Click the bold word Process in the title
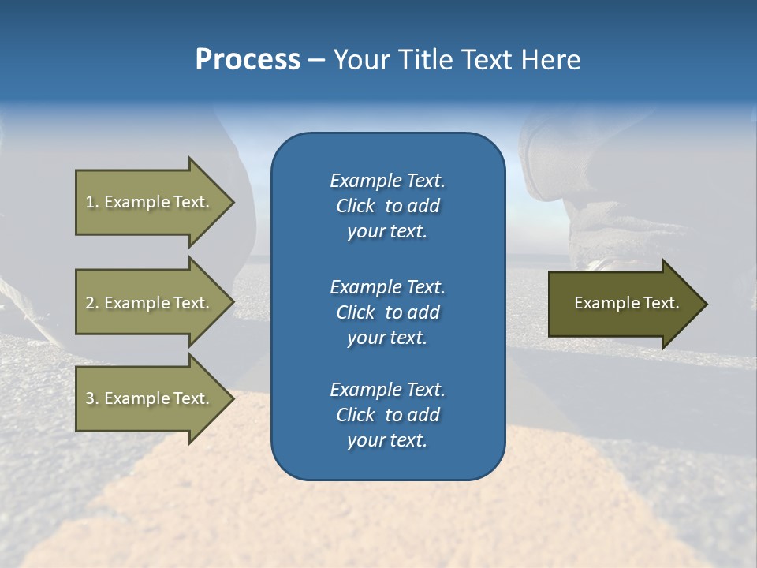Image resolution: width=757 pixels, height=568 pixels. (x=248, y=60)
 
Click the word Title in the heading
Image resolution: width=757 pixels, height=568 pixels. (x=424, y=60)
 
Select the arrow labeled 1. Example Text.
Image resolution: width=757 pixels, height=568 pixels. (x=150, y=202)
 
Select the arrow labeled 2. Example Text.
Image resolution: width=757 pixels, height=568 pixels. (x=150, y=303)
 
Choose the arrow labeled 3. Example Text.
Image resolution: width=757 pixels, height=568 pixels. (x=150, y=398)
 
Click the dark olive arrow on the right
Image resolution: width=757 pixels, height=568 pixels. (x=623, y=304)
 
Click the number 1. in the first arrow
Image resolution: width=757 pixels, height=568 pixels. (x=92, y=202)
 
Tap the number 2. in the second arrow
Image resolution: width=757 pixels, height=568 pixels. (x=92, y=303)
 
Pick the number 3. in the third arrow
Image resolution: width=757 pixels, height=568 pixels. (x=92, y=398)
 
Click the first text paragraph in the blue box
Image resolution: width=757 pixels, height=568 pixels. (x=387, y=206)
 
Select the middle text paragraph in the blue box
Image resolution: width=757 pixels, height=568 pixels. (x=387, y=312)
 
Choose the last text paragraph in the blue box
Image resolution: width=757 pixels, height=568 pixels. (x=387, y=415)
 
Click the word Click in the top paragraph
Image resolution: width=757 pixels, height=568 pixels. (x=356, y=206)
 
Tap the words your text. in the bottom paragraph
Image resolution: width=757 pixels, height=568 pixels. (x=387, y=440)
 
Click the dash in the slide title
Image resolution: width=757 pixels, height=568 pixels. (x=316, y=60)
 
